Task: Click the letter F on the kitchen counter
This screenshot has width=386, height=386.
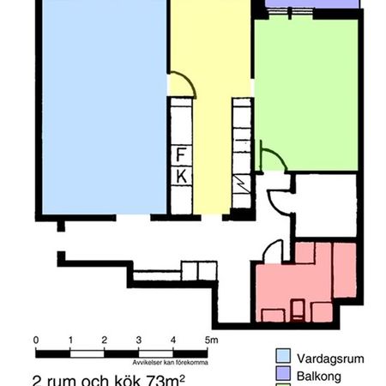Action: coord(181,155)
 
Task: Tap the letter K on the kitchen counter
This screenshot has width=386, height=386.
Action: coord(181,175)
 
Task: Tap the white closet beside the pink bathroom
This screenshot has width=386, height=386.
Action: coord(324,204)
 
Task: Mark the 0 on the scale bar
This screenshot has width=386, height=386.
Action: coord(35,341)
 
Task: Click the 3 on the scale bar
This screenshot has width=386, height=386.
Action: coord(138,341)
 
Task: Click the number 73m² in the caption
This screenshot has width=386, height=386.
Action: coord(164,378)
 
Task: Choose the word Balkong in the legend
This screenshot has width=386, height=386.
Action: coord(318,375)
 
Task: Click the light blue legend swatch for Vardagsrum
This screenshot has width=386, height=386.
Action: coord(282,356)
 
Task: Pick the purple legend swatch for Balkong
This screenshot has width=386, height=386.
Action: coord(282,375)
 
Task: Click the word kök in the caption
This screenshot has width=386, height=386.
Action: coord(118,378)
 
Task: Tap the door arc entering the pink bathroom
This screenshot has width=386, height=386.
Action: coord(270,251)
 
